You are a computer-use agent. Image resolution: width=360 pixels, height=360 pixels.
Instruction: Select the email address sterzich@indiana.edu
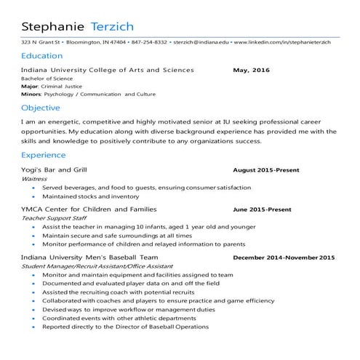pyautogui.click(x=200, y=42)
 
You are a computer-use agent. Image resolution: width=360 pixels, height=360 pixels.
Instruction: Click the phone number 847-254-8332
pyautogui.click(x=149, y=42)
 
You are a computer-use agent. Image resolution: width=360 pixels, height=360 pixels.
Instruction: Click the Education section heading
pyautogui.click(x=41, y=56)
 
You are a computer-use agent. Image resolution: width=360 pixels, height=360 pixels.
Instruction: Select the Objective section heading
pyautogui.click(x=41, y=108)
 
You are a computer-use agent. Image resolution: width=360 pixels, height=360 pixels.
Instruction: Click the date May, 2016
pyautogui.click(x=251, y=71)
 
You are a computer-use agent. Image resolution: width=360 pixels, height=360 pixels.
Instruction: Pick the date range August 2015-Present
pyautogui.click(x=265, y=170)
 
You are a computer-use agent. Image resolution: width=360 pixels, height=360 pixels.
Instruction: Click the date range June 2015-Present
pyautogui.click(x=262, y=209)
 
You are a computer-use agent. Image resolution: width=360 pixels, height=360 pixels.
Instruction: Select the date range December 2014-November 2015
pyautogui.click(x=283, y=258)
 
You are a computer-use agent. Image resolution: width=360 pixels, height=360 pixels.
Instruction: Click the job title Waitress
pyautogui.click(x=34, y=178)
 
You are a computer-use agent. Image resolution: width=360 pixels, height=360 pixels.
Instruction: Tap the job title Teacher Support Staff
pyautogui.click(x=54, y=218)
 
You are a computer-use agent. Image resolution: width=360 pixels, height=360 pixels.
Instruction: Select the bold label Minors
pyautogui.click(x=31, y=95)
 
